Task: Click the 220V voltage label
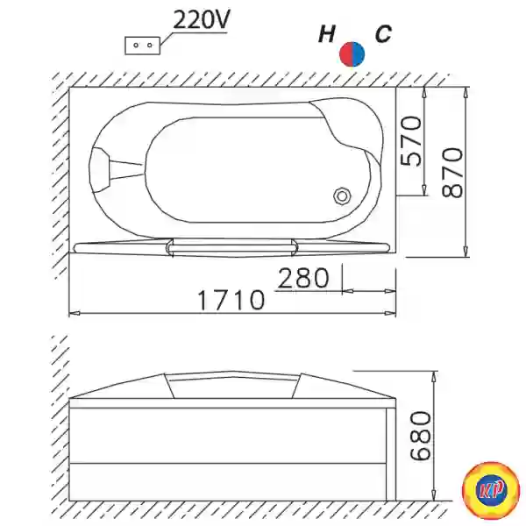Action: [202, 20]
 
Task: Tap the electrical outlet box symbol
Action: [143, 46]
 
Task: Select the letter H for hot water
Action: [326, 34]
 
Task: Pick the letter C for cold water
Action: [383, 34]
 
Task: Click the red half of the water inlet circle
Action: [346, 54]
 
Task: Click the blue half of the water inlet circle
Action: [359, 54]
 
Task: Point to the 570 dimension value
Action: [411, 141]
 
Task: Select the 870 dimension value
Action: [452, 173]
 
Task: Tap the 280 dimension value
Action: [303, 278]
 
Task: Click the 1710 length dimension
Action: [231, 300]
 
